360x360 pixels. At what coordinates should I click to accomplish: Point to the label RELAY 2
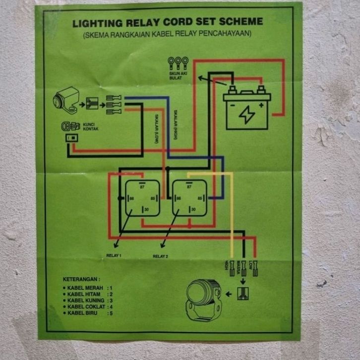click(x=160, y=256)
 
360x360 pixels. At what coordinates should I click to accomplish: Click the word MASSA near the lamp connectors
click(x=239, y=268)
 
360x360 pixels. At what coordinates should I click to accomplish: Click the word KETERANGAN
click(x=81, y=279)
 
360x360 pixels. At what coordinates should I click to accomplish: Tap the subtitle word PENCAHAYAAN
click(x=230, y=34)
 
